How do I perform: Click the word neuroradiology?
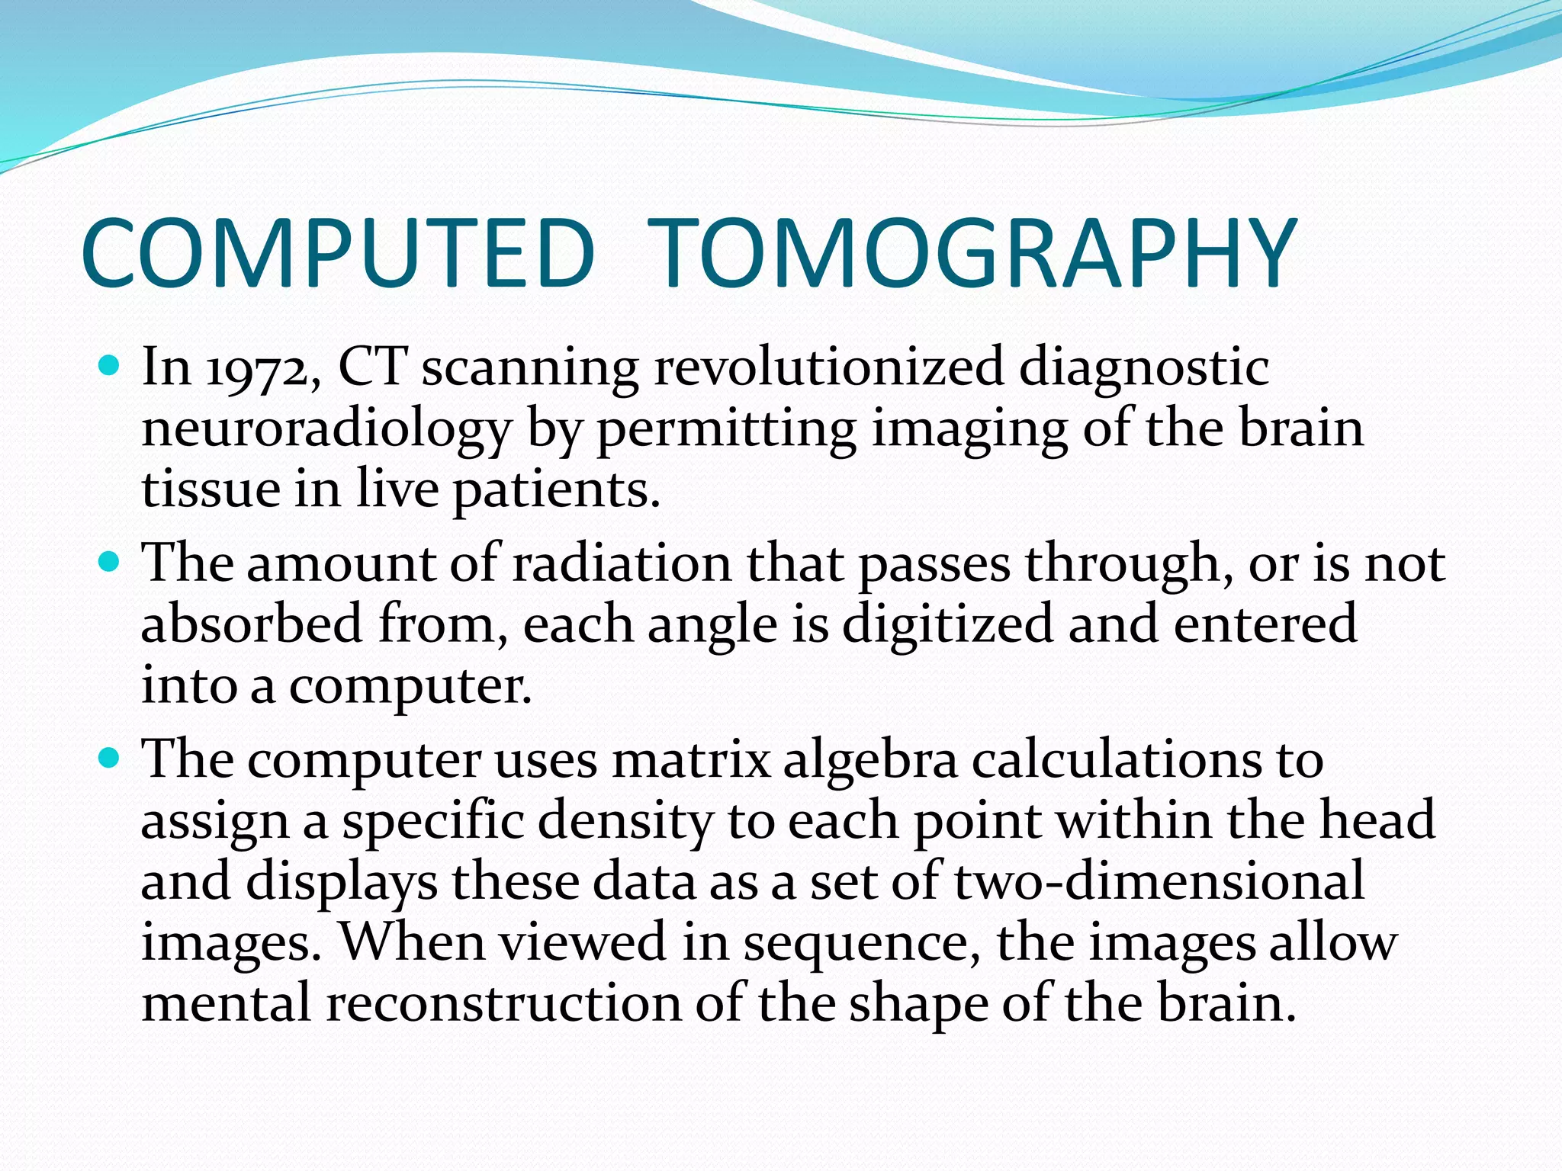(x=326, y=430)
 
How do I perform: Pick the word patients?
(x=556, y=490)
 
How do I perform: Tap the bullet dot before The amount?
(x=110, y=563)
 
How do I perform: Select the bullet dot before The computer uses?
(x=110, y=759)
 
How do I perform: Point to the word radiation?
(x=621, y=564)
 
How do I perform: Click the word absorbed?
(x=252, y=624)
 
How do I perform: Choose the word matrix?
(x=691, y=760)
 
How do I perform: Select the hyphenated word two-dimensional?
(x=1159, y=881)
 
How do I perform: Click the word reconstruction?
(x=503, y=1003)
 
